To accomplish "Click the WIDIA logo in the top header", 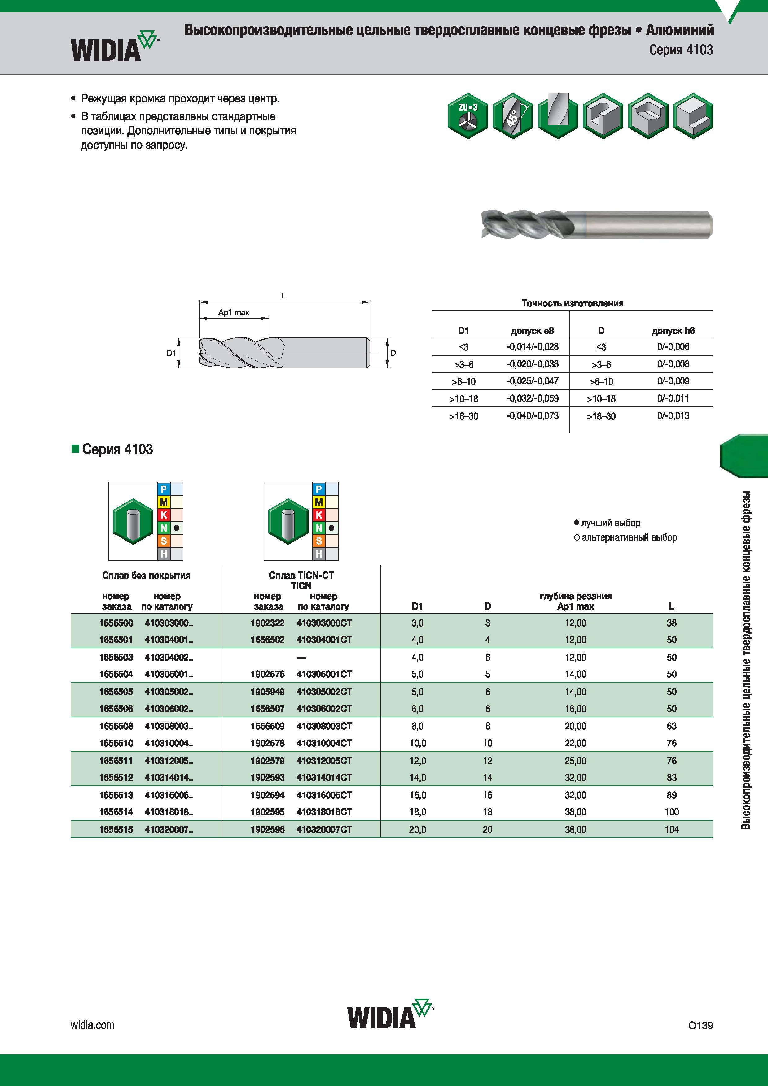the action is pyautogui.click(x=115, y=46).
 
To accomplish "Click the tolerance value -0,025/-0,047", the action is pyautogui.click(x=532, y=381).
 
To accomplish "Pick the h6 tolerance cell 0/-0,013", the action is pyautogui.click(x=673, y=416).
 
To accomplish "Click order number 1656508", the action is pyautogui.click(x=116, y=726).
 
